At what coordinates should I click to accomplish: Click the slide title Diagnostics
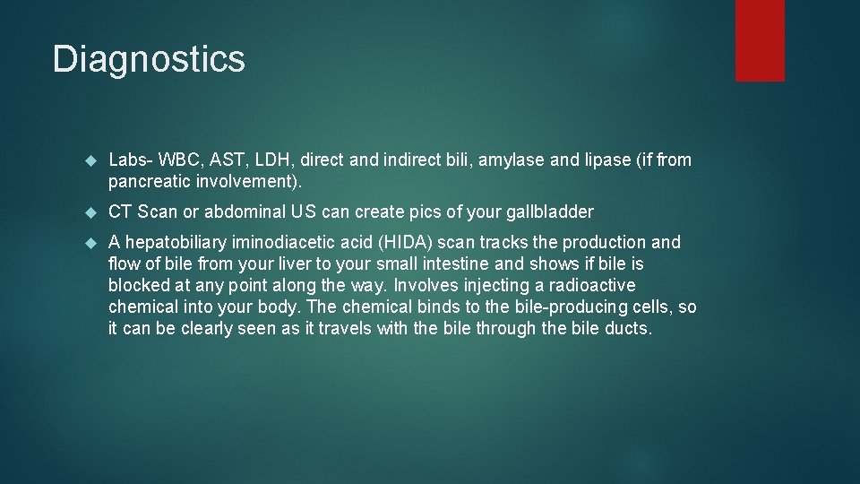tap(149, 59)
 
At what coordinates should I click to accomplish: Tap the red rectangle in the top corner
tap(760, 40)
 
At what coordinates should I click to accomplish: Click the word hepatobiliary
tap(177, 242)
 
